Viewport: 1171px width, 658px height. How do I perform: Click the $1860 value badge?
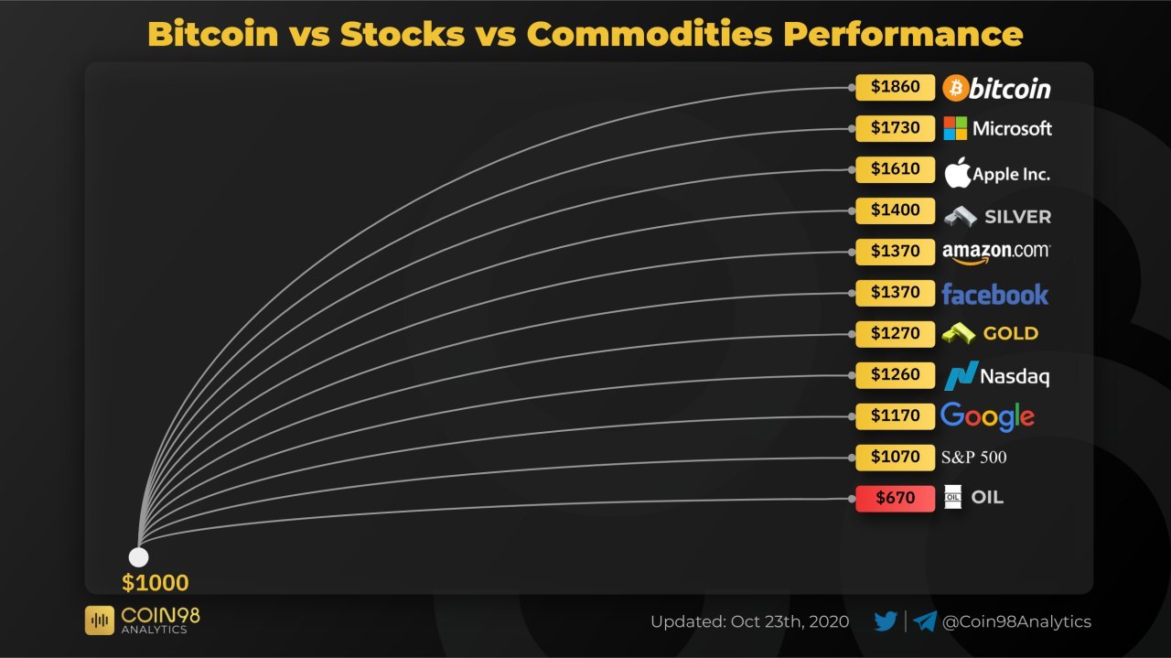coord(895,87)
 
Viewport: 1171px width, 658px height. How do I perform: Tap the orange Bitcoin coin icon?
coord(956,88)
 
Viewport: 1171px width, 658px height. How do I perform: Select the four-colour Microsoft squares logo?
coord(955,128)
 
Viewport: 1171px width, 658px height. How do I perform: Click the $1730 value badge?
coord(895,128)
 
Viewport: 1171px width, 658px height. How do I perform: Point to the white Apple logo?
coord(958,172)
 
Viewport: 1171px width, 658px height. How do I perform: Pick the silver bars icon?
coord(961,217)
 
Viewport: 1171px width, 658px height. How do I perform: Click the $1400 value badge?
coord(895,210)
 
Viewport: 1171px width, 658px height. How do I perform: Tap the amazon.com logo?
coord(996,253)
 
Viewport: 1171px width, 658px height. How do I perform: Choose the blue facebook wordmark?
coord(994,295)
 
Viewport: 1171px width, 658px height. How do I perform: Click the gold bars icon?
coord(958,333)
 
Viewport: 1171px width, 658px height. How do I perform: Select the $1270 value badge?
coord(895,334)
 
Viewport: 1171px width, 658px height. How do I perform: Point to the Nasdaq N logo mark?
coord(961,375)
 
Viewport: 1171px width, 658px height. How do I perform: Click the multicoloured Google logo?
coord(987,417)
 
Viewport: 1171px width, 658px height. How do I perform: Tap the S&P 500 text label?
coord(973,458)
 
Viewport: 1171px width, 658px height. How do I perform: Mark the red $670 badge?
coord(895,498)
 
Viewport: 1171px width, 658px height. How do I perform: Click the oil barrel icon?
coord(952,496)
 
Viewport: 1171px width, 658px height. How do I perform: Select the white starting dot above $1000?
coord(138,557)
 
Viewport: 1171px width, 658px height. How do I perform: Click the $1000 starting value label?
coord(156,583)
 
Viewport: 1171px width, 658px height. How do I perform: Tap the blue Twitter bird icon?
coord(886,621)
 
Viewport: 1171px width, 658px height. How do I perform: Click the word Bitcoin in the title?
coord(213,34)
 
